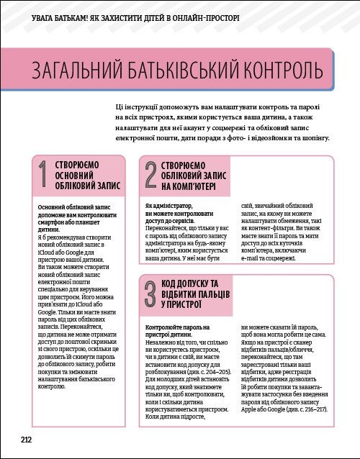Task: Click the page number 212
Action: click(25, 439)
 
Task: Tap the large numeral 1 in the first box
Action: click(42, 178)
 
